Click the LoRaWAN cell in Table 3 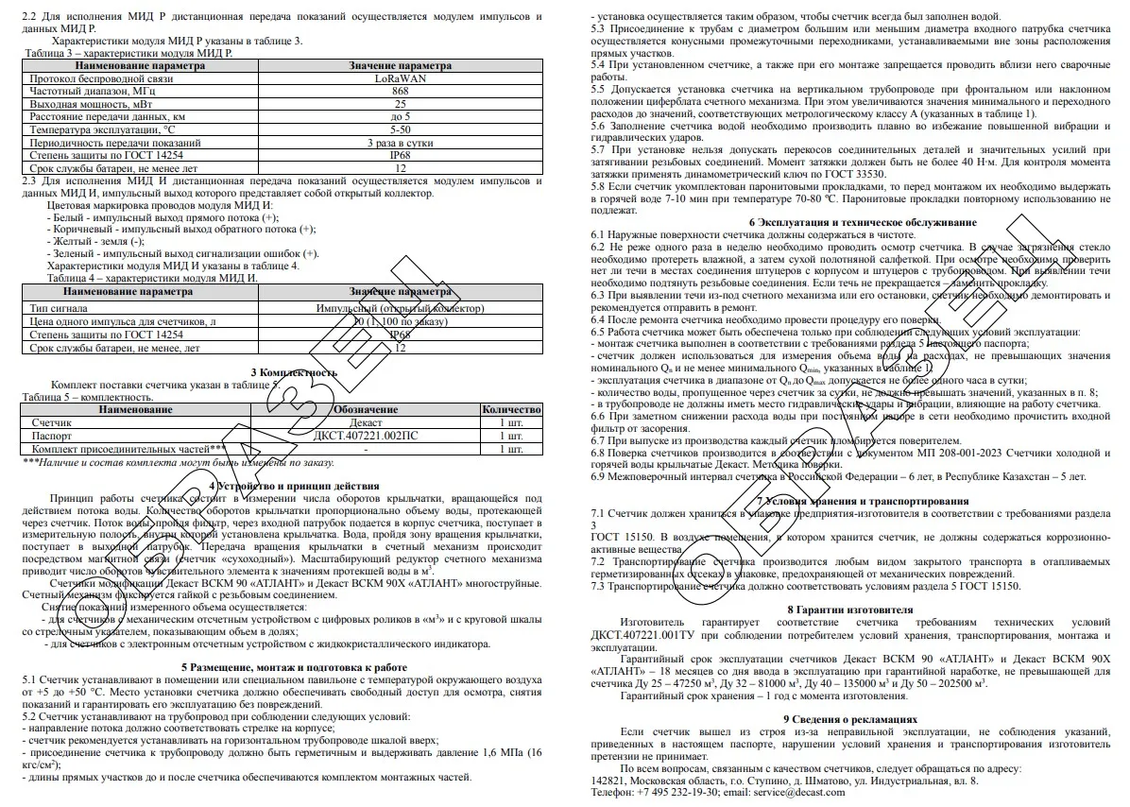click(x=400, y=79)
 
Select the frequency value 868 click(x=400, y=92)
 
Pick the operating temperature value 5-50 click(x=400, y=129)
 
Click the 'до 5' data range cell click(x=400, y=117)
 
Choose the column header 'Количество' click(x=511, y=410)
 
